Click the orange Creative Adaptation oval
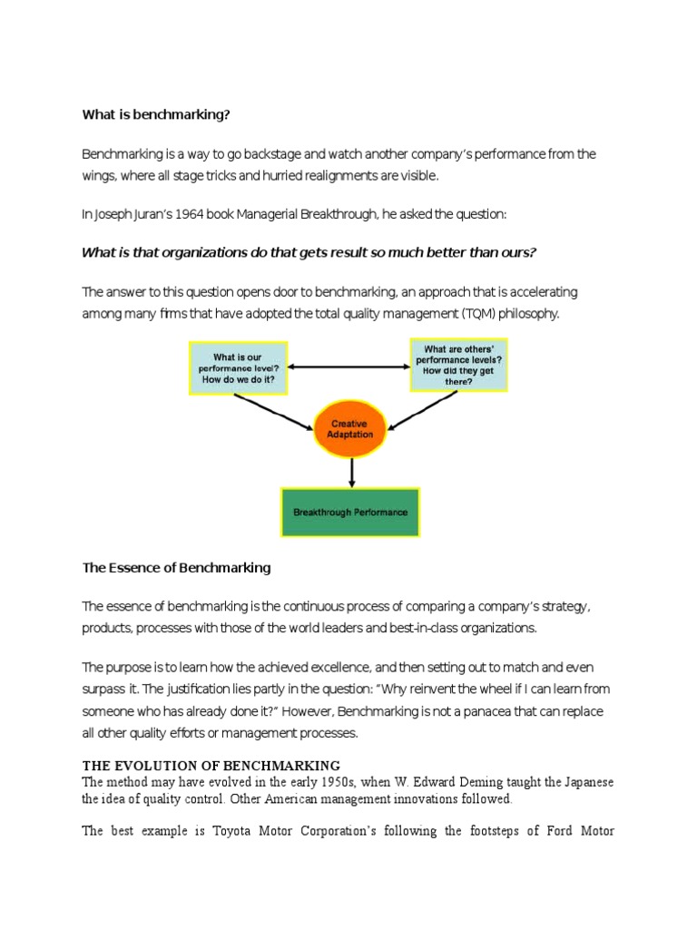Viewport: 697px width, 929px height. [x=349, y=430]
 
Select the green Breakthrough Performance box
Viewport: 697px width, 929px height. [x=350, y=512]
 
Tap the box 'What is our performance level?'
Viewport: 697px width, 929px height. [x=238, y=367]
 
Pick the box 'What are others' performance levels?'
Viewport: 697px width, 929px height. [x=458, y=364]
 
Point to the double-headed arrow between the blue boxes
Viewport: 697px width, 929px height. [x=348, y=367]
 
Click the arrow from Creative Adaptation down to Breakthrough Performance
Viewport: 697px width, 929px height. [x=350, y=473]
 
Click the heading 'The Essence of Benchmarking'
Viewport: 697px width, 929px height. [x=176, y=568]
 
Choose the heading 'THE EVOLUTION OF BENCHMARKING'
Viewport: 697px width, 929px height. [x=211, y=765]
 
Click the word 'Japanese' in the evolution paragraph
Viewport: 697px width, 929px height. [x=586, y=782]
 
